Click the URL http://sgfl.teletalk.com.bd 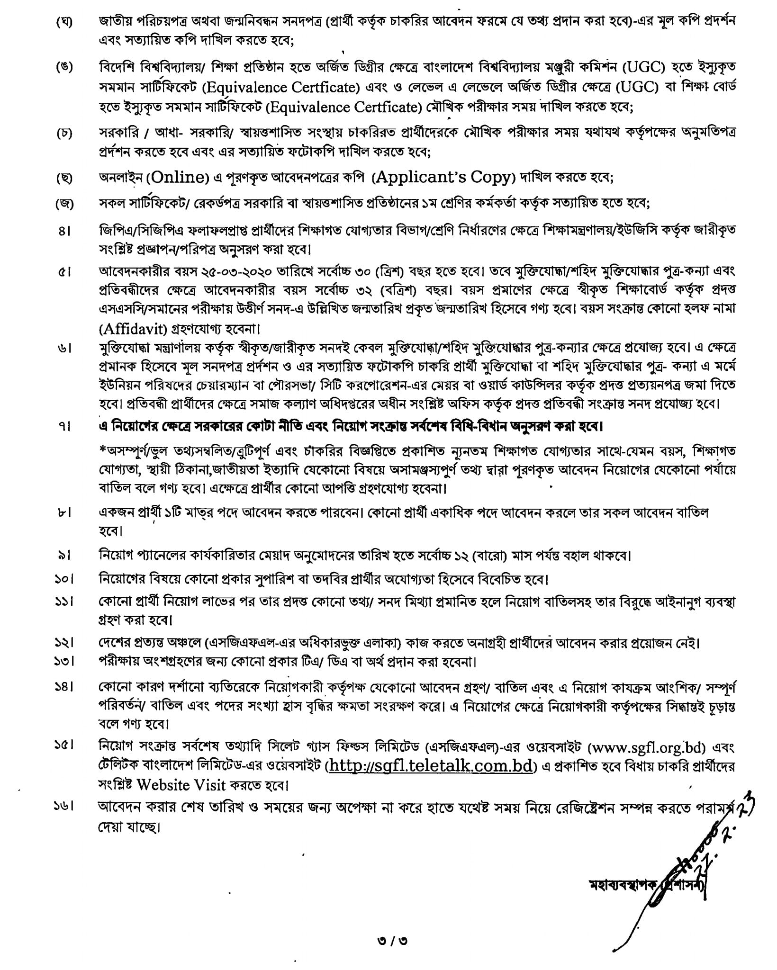(432, 766)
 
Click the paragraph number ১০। (62, 579)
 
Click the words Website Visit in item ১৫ (181, 784)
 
